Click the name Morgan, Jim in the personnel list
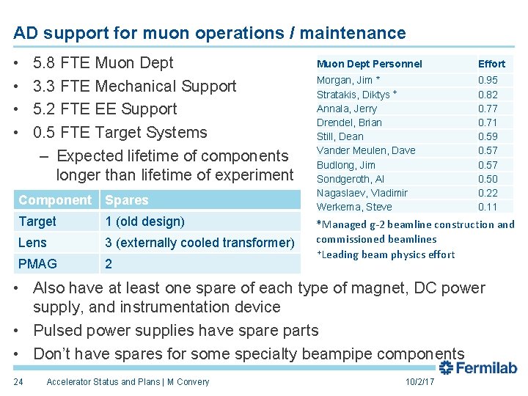coord(344,80)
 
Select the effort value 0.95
coord(488,80)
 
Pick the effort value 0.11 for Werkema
coord(488,207)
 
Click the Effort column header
coord(491,64)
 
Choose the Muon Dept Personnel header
coord(369,64)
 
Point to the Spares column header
coord(127,200)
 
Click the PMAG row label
coord(37,263)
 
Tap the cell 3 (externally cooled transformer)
coord(199,243)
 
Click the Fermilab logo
coord(478,369)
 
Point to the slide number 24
coord(18,381)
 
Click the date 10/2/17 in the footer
coord(419,381)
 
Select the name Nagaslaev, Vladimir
coord(362,193)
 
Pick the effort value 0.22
coord(488,193)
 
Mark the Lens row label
coord(32,243)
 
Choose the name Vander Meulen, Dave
coord(365,150)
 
